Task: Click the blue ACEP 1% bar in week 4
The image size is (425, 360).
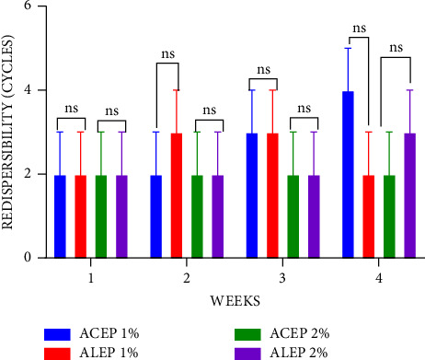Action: pos(348,174)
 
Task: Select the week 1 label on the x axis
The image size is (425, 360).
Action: pos(90,277)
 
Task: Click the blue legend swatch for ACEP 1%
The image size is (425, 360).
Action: pos(67,333)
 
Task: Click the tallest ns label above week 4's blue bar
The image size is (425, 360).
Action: pos(358,28)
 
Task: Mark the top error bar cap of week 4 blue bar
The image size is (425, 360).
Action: pos(348,48)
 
